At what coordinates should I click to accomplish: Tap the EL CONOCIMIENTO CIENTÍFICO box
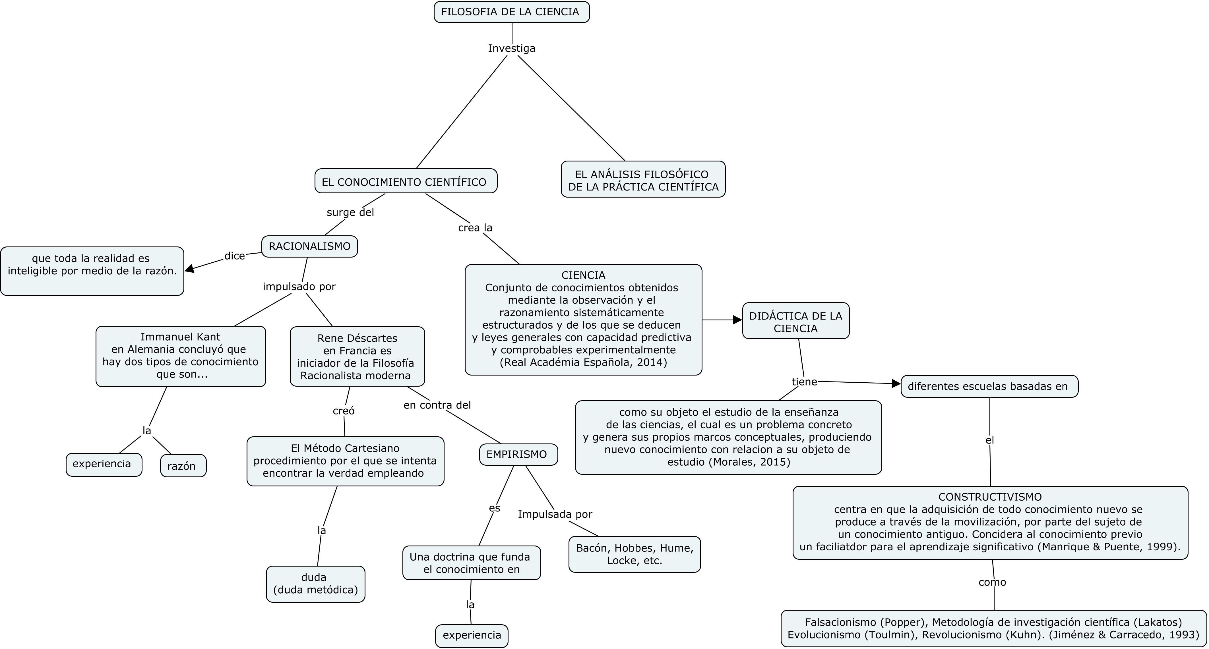pos(406,182)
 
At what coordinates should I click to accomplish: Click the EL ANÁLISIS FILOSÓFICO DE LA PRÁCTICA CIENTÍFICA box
pos(643,180)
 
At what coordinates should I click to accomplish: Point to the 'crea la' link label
pos(475,228)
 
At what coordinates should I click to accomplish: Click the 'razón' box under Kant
pos(183,466)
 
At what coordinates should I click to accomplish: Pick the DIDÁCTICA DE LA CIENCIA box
pos(795,322)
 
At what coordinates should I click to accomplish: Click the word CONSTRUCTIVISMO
pos(990,497)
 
